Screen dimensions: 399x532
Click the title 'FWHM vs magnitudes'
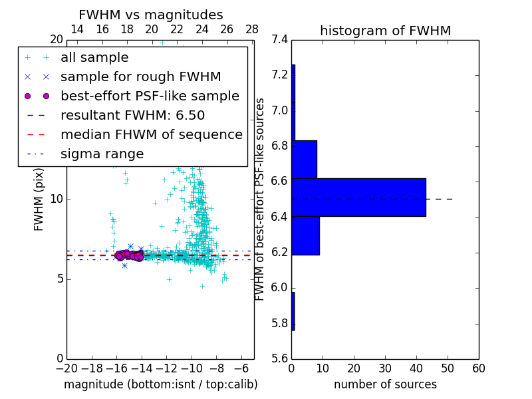[151, 15]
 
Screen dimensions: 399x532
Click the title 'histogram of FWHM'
[385, 31]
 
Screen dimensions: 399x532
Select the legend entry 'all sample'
[94, 58]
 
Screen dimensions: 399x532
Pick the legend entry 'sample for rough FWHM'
[140, 76]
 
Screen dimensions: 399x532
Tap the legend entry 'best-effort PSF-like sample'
[150, 96]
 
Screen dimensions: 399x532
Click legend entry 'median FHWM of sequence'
[151, 134]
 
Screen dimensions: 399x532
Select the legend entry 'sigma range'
[102, 154]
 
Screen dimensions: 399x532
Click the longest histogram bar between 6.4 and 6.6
[358, 198]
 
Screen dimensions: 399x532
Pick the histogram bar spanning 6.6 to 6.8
[304, 159]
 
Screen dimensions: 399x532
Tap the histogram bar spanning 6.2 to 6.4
[305, 235]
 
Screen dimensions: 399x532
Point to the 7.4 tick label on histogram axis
[280, 40]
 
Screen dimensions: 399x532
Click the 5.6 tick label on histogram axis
[280, 358]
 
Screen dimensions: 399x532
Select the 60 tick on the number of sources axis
[478, 368]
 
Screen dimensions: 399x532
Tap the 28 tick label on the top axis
[252, 29]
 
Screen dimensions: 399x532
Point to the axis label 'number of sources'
[385, 384]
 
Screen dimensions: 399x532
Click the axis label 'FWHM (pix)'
[39, 199]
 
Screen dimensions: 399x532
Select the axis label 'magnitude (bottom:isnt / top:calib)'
[160, 384]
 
